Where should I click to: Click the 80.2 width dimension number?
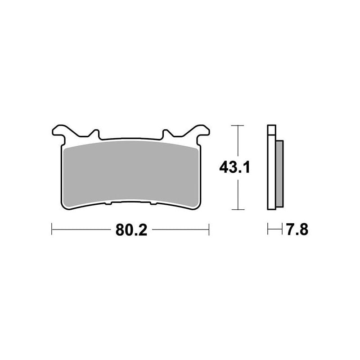pyautogui.click(x=131, y=229)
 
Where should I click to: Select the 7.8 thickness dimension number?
pyautogui.click(x=297, y=229)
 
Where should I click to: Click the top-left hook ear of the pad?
pyautogui.click(x=60, y=132)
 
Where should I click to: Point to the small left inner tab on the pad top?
pyautogui.click(x=95, y=133)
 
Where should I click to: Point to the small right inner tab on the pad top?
pyautogui.click(x=166, y=133)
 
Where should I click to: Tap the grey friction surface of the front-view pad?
pyautogui.click(x=130, y=175)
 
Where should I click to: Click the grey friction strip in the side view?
pyautogui.click(x=279, y=174)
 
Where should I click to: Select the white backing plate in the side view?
pyautogui.click(x=272, y=167)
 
